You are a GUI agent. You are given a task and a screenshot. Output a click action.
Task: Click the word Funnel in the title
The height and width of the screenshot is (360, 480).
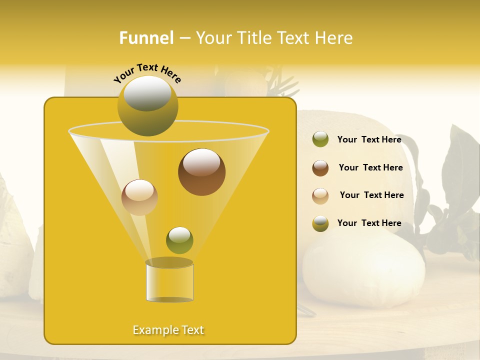(x=146, y=38)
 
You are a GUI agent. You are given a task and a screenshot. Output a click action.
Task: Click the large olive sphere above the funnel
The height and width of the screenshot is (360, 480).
(x=147, y=105)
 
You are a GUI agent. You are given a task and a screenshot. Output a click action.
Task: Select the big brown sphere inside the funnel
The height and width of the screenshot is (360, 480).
(x=201, y=172)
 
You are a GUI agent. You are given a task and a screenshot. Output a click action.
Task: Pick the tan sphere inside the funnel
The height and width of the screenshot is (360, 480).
(x=139, y=197)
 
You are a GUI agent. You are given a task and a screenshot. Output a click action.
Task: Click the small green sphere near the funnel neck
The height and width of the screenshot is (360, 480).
(x=179, y=240)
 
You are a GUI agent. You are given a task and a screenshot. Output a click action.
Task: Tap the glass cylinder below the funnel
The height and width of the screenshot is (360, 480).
(x=169, y=281)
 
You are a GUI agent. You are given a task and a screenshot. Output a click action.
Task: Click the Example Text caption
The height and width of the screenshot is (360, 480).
(x=168, y=330)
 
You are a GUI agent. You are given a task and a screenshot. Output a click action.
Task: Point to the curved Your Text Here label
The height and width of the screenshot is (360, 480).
(x=147, y=73)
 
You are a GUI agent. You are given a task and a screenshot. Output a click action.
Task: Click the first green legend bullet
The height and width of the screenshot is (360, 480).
(x=320, y=139)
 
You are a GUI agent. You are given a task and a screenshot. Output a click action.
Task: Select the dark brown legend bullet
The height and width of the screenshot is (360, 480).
(x=320, y=168)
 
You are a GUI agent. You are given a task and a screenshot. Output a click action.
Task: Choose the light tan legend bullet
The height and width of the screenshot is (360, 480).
(x=320, y=196)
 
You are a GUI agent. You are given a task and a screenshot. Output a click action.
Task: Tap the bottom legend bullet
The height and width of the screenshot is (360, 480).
(x=320, y=223)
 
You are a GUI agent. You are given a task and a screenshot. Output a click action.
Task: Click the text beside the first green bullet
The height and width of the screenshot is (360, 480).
(x=369, y=140)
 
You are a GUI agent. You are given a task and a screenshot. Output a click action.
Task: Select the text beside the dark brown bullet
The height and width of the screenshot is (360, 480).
(x=370, y=168)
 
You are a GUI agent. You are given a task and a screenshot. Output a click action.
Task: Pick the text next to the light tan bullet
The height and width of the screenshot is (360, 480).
(x=371, y=195)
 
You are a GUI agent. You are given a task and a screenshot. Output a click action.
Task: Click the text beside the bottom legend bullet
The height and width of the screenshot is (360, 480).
(x=369, y=223)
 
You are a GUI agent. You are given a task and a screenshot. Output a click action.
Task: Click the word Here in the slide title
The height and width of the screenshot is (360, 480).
(x=334, y=38)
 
